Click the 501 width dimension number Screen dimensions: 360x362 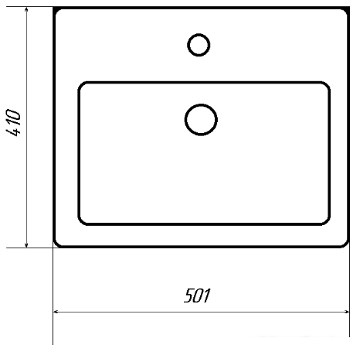[197, 295]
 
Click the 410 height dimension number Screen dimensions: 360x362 [13, 123]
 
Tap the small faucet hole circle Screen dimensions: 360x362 [199, 45]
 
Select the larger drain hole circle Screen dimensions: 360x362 [201, 120]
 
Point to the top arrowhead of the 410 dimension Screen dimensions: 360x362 [26, 10]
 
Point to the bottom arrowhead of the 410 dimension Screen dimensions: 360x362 [26, 244]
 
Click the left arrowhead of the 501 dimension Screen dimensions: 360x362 [56, 312]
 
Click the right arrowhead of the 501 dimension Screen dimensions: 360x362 [346, 312]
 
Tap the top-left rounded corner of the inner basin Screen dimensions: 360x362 [81, 85]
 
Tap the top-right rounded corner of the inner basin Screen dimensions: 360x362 [328, 85]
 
